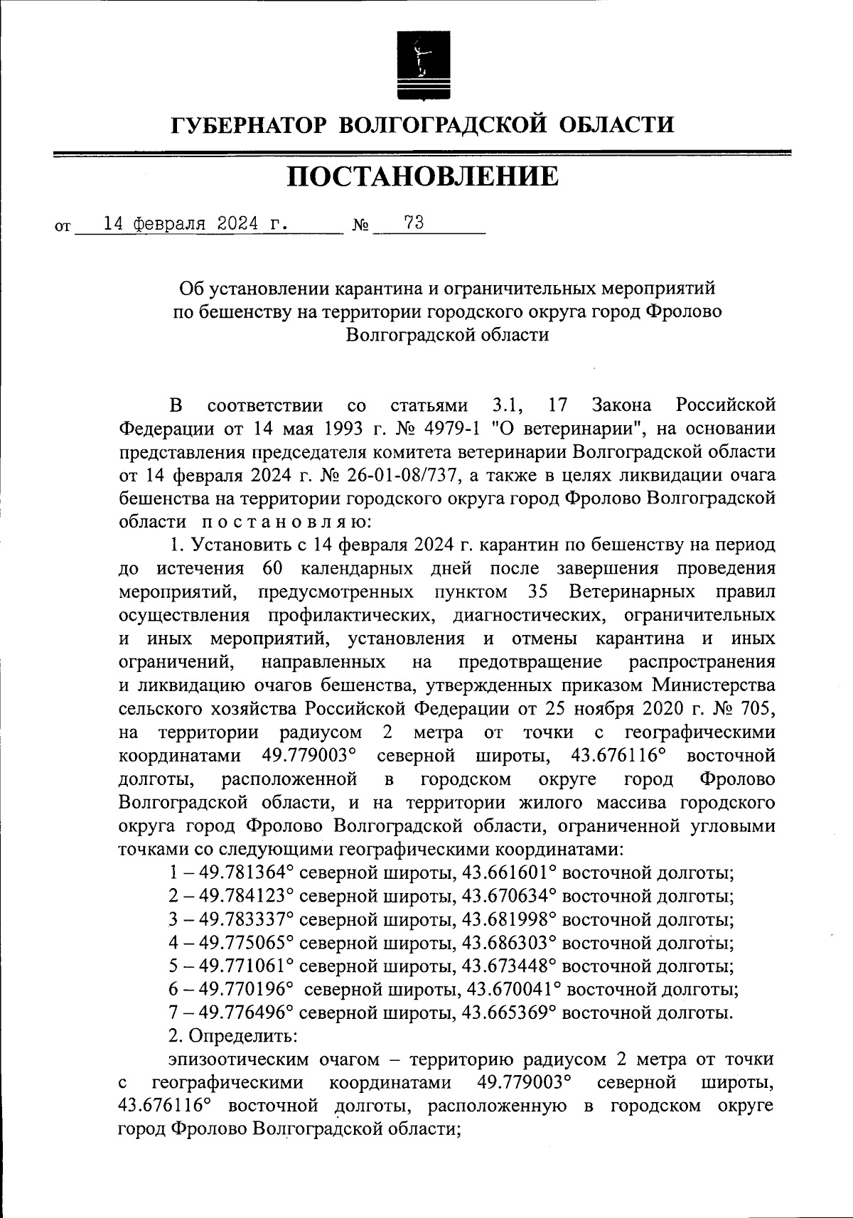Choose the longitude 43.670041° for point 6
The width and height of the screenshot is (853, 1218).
coord(512,989)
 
